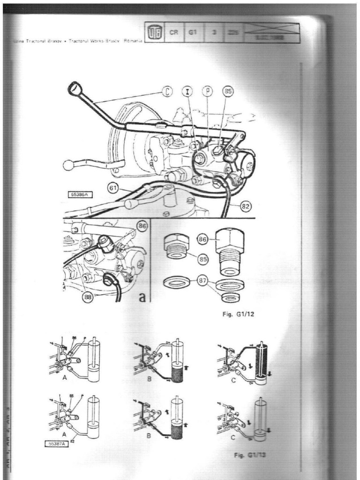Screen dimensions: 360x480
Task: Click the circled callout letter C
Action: click(167, 92)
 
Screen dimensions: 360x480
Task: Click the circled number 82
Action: click(245, 204)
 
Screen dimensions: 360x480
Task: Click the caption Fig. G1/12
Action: click(238, 315)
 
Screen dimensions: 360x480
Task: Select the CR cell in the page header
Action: click(174, 33)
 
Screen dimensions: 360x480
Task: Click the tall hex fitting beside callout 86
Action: click(229, 251)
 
